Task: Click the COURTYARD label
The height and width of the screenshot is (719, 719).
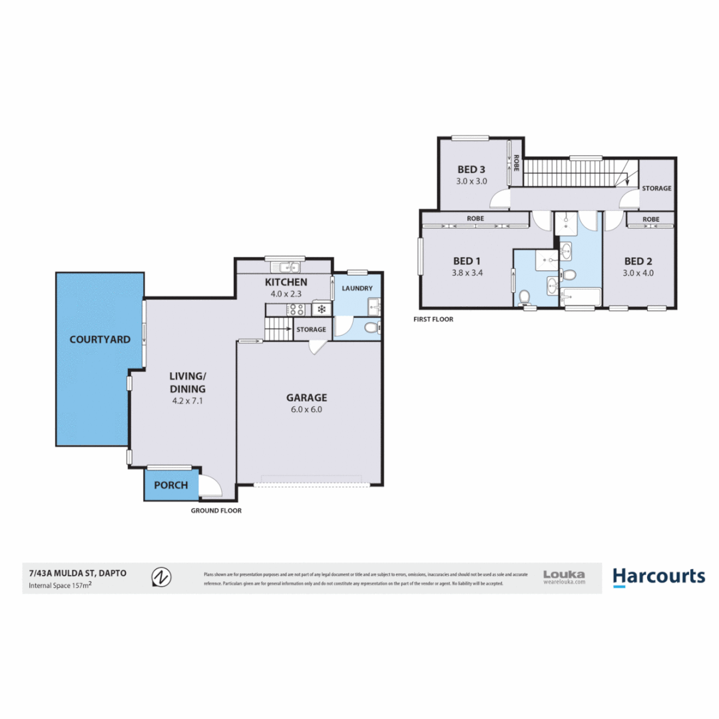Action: tap(100, 340)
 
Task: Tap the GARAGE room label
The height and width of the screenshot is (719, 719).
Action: tap(307, 397)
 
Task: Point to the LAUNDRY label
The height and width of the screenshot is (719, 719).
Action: tap(357, 288)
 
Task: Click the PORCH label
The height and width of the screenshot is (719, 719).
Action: tap(170, 485)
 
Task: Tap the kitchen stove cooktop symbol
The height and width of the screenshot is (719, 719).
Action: tap(296, 310)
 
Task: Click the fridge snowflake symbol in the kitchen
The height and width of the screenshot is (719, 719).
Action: tap(321, 310)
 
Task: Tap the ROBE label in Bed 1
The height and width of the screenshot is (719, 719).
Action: tap(475, 218)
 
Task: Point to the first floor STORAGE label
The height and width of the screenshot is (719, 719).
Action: tap(656, 188)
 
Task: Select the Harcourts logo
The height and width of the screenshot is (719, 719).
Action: tap(658, 577)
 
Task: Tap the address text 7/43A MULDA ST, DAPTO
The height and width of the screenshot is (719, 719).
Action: tap(77, 572)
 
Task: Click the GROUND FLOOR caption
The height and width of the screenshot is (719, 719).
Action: tap(216, 511)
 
